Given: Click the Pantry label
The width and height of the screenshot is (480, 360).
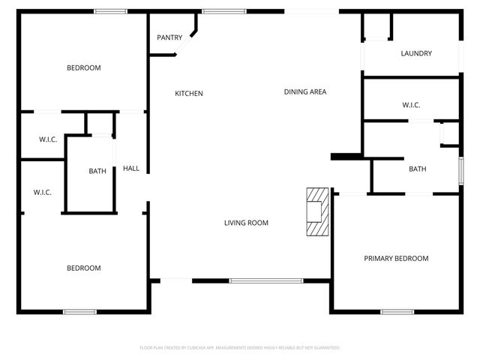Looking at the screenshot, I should point(169,37).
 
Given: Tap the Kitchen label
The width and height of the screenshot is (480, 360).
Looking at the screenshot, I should point(189,94).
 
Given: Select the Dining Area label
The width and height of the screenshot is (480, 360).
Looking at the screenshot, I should point(304,92).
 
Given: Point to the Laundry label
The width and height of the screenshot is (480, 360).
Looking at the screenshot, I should point(416,53).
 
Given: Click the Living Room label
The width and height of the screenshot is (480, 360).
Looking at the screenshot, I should point(246,223).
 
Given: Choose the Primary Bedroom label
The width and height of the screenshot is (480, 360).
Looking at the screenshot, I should point(396,259).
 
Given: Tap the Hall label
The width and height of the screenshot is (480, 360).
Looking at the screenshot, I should point(131,169).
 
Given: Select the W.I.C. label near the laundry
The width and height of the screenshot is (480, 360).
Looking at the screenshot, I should point(411,105).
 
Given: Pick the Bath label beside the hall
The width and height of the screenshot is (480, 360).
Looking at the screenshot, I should point(97,171).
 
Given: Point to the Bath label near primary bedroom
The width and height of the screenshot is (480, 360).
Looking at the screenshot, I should point(418,169).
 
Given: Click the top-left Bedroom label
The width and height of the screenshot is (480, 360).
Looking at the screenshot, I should point(84,68).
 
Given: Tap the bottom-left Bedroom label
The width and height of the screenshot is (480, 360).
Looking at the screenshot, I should point(84,268).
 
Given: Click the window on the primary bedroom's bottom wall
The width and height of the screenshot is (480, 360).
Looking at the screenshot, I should point(397,311).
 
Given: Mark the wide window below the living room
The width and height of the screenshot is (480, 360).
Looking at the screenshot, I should point(265,281).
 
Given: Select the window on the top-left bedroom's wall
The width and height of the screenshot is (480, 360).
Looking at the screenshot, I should point(110,10).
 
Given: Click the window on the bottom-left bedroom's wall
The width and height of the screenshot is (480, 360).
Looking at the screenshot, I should point(79,311).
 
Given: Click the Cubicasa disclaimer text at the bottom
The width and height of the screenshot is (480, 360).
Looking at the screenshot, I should point(240,348).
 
